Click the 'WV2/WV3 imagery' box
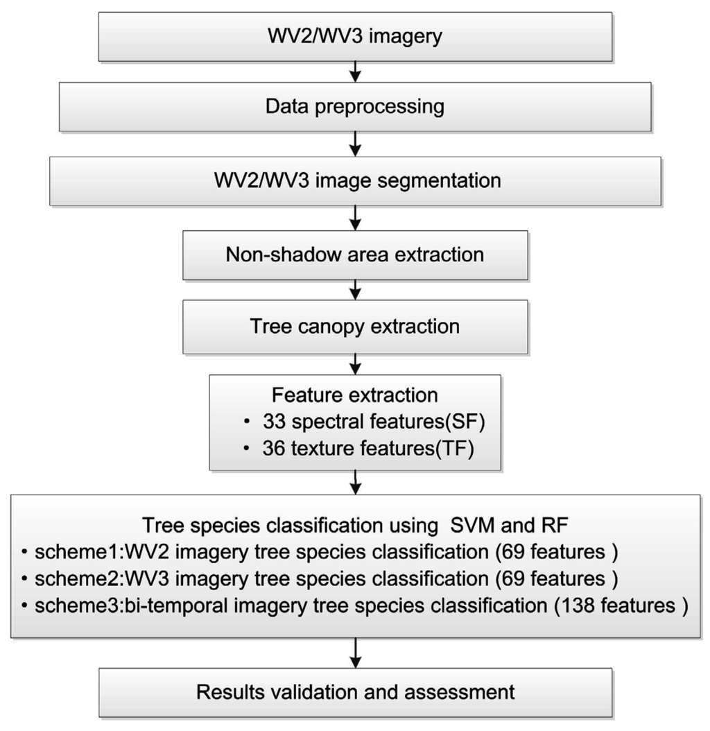click(x=355, y=37)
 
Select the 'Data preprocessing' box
click(x=355, y=108)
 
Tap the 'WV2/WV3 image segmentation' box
click(x=355, y=180)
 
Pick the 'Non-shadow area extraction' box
click(x=355, y=255)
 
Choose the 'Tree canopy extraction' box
click(x=355, y=326)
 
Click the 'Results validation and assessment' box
click(x=355, y=691)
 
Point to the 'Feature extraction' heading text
click(x=355, y=395)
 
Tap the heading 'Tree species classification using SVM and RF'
click(x=355, y=525)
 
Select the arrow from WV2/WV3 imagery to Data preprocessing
click(x=355, y=71)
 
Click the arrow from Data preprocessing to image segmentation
click(x=355, y=144)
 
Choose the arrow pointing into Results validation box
click(x=355, y=653)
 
